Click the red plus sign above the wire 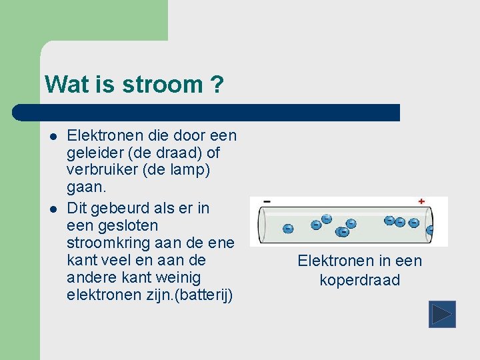(421, 201)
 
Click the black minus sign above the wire (267, 201)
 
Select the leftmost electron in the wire (288, 229)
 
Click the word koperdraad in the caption (360, 280)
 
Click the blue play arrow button (442, 314)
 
